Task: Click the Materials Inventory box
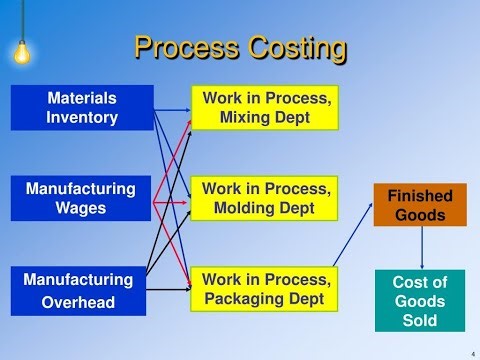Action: [82, 108]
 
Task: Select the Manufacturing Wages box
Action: [81, 198]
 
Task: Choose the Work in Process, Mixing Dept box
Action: [265, 108]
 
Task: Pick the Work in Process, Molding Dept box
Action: [265, 198]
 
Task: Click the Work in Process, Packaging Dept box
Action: [265, 289]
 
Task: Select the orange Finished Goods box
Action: [420, 205]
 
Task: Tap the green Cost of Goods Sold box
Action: [420, 300]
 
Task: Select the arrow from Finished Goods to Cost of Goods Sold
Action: [421, 248]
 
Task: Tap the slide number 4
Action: [471, 352]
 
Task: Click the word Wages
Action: [81, 208]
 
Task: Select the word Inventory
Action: [82, 118]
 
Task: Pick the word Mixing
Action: [248, 118]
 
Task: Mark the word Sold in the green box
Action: [420, 320]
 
